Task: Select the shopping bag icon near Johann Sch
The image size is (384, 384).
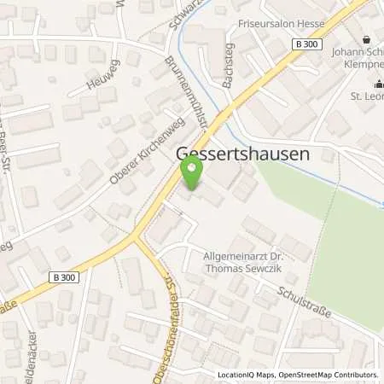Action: pyautogui.click(x=367, y=38)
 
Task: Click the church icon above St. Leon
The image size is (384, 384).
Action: pyautogui.click(x=377, y=84)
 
